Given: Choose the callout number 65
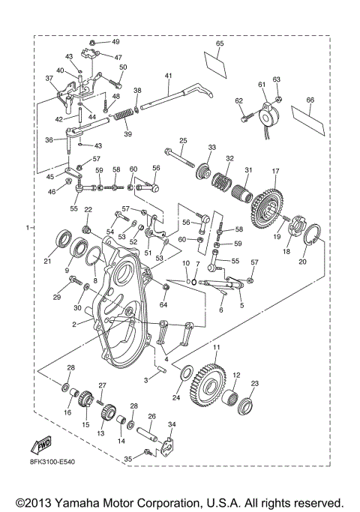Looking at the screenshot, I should click(x=220, y=44).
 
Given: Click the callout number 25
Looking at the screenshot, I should click(x=182, y=140).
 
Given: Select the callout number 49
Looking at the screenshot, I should click(x=115, y=42).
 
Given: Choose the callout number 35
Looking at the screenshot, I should click(x=127, y=459).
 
